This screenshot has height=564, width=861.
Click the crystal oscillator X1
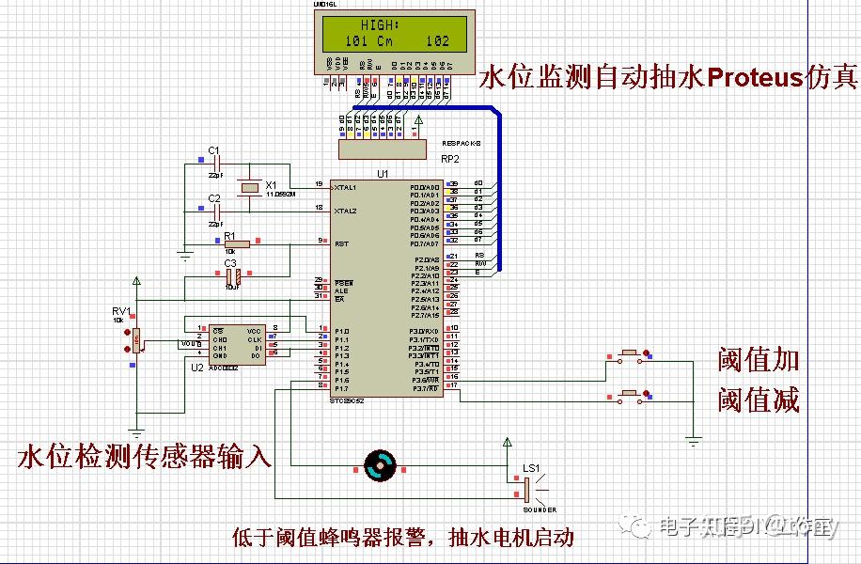point(249,188)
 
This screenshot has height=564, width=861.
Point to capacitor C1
point(217,165)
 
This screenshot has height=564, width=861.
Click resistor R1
point(236,243)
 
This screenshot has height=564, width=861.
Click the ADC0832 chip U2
point(237,343)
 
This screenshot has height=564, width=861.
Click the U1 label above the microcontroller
point(382,174)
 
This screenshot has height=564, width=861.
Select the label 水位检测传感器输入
point(145,458)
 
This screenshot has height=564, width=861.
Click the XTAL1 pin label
point(346,187)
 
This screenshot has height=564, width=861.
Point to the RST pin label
point(341,243)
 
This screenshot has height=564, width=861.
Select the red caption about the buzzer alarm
point(403,538)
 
